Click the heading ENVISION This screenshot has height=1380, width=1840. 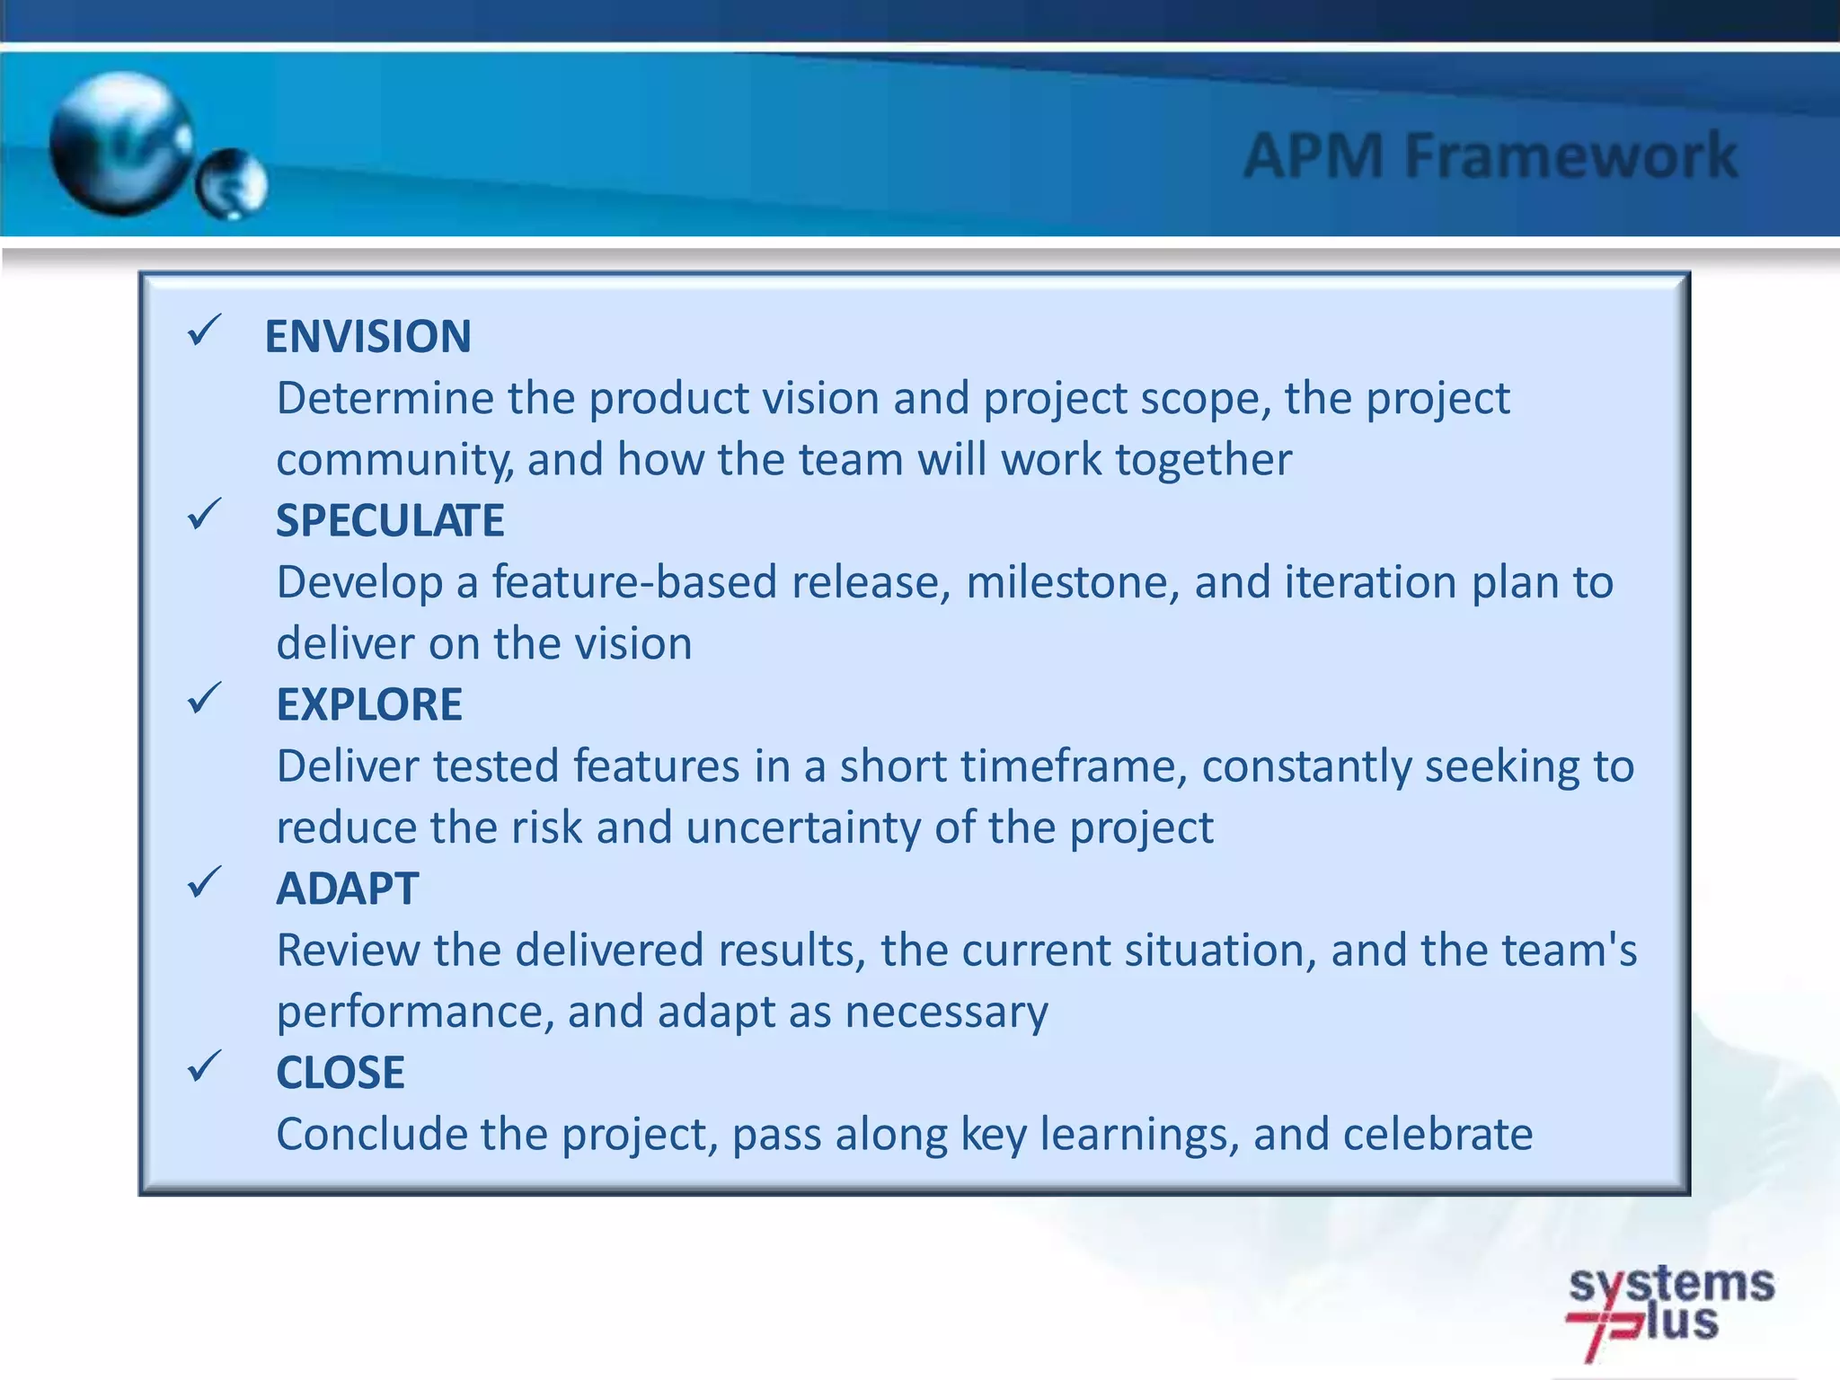click(367, 337)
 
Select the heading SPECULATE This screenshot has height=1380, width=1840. click(390, 521)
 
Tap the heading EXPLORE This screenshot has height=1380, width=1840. click(369, 705)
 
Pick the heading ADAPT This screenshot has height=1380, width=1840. click(347, 889)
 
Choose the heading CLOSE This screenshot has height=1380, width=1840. click(340, 1074)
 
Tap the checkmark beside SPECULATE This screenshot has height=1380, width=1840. click(204, 515)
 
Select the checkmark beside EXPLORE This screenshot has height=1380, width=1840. click(204, 699)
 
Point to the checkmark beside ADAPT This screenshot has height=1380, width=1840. click(204, 883)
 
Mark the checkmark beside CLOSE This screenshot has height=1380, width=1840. click(204, 1066)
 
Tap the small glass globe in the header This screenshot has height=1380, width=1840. click(232, 184)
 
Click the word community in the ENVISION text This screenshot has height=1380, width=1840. click(394, 461)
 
